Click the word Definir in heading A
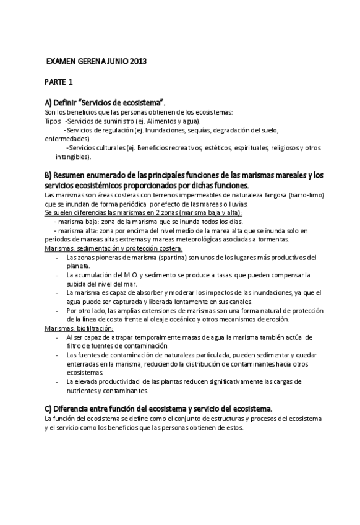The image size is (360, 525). click(67, 102)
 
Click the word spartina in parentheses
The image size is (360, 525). click(174, 258)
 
